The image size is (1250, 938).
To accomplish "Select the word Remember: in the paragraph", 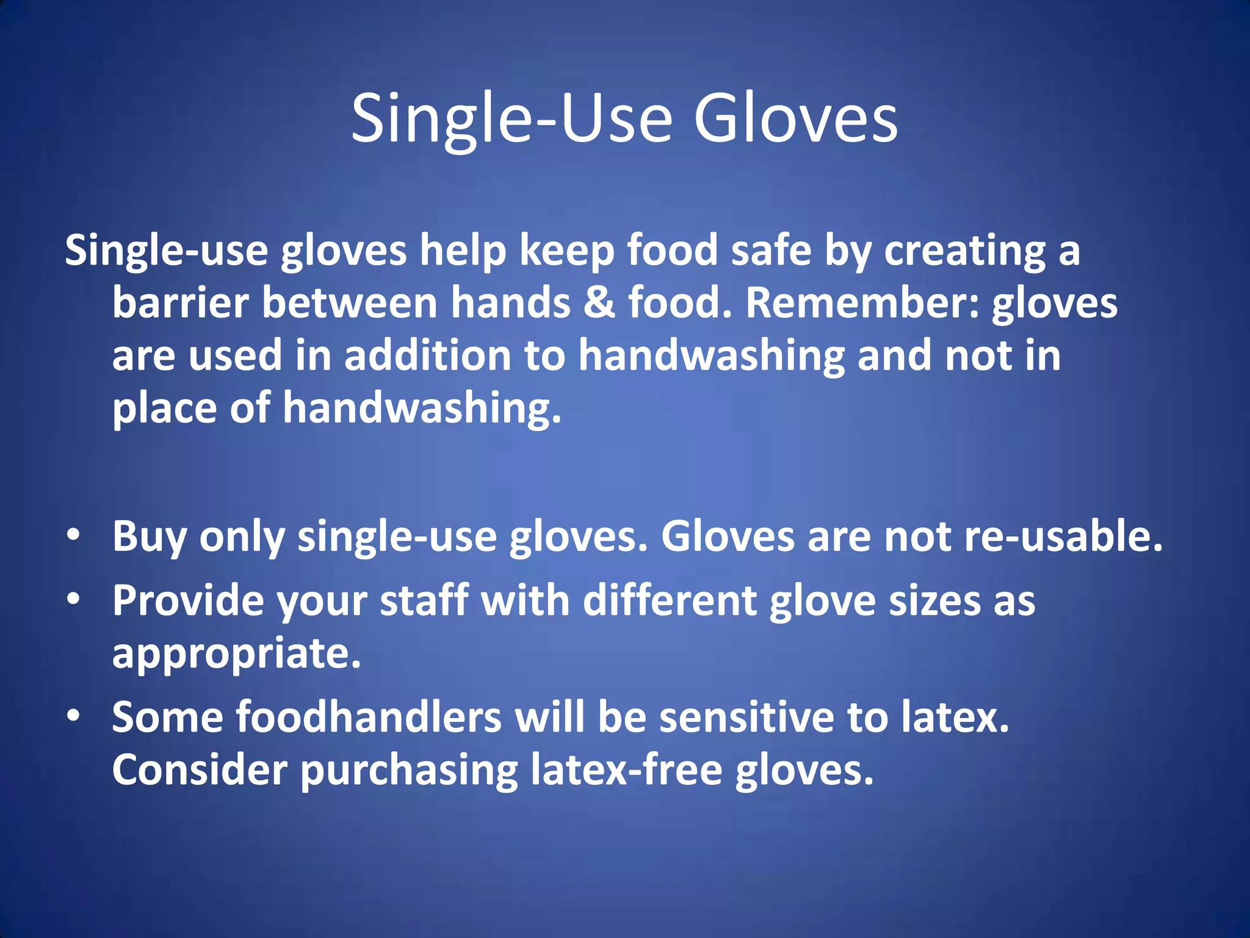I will pyautogui.click(x=863, y=303).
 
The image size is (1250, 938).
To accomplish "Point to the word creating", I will pyautogui.click(x=964, y=252).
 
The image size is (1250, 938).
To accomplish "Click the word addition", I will pyautogui.click(x=427, y=355).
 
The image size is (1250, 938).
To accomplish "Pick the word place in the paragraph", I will pyautogui.click(x=164, y=408).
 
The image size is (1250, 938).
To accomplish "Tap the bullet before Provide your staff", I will pyautogui.click(x=74, y=600).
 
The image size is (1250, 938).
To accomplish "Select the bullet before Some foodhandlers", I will pyautogui.click(x=74, y=716).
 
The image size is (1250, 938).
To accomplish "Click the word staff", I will pyautogui.click(x=424, y=600).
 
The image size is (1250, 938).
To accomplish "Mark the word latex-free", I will pyautogui.click(x=626, y=769).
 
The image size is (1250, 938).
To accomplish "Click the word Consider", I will pyautogui.click(x=200, y=769).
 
